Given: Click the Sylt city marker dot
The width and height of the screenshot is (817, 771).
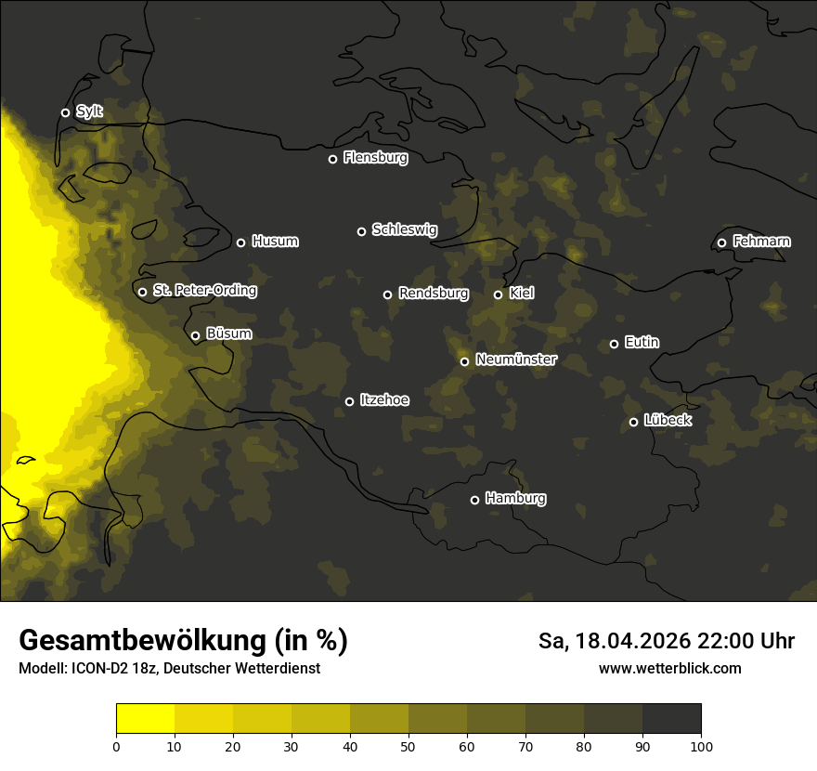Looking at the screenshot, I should [x=65, y=113].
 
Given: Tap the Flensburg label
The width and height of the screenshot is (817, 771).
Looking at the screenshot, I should [x=375, y=158].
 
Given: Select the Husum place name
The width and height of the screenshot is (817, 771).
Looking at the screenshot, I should [x=275, y=242].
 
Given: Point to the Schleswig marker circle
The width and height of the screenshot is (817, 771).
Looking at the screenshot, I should [x=361, y=231].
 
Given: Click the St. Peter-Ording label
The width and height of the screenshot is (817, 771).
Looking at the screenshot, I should [x=204, y=291].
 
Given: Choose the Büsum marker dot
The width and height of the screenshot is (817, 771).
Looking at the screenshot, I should [x=195, y=336].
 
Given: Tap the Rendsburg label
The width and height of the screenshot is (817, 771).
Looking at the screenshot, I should [x=433, y=294].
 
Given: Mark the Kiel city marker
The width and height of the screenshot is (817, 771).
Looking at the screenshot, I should [x=498, y=294].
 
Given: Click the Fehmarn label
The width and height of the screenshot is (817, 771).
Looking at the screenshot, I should [x=761, y=242].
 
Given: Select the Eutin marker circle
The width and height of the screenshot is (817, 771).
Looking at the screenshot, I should [x=614, y=344].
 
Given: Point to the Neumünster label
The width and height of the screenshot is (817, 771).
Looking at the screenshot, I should [x=515, y=359].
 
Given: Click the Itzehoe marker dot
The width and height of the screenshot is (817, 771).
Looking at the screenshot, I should [x=349, y=401].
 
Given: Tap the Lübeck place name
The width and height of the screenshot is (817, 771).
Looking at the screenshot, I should [x=668, y=421].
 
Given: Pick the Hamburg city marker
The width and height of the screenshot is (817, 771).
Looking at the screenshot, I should [x=474, y=500].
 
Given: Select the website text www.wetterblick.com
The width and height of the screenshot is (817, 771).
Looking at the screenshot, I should [x=669, y=668].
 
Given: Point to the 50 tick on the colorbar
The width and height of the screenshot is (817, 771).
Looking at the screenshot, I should [x=408, y=745].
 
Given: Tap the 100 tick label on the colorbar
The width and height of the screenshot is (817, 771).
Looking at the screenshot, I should [x=701, y=745].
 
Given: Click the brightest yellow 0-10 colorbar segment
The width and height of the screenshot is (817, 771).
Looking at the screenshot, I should [x=145, y=719].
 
